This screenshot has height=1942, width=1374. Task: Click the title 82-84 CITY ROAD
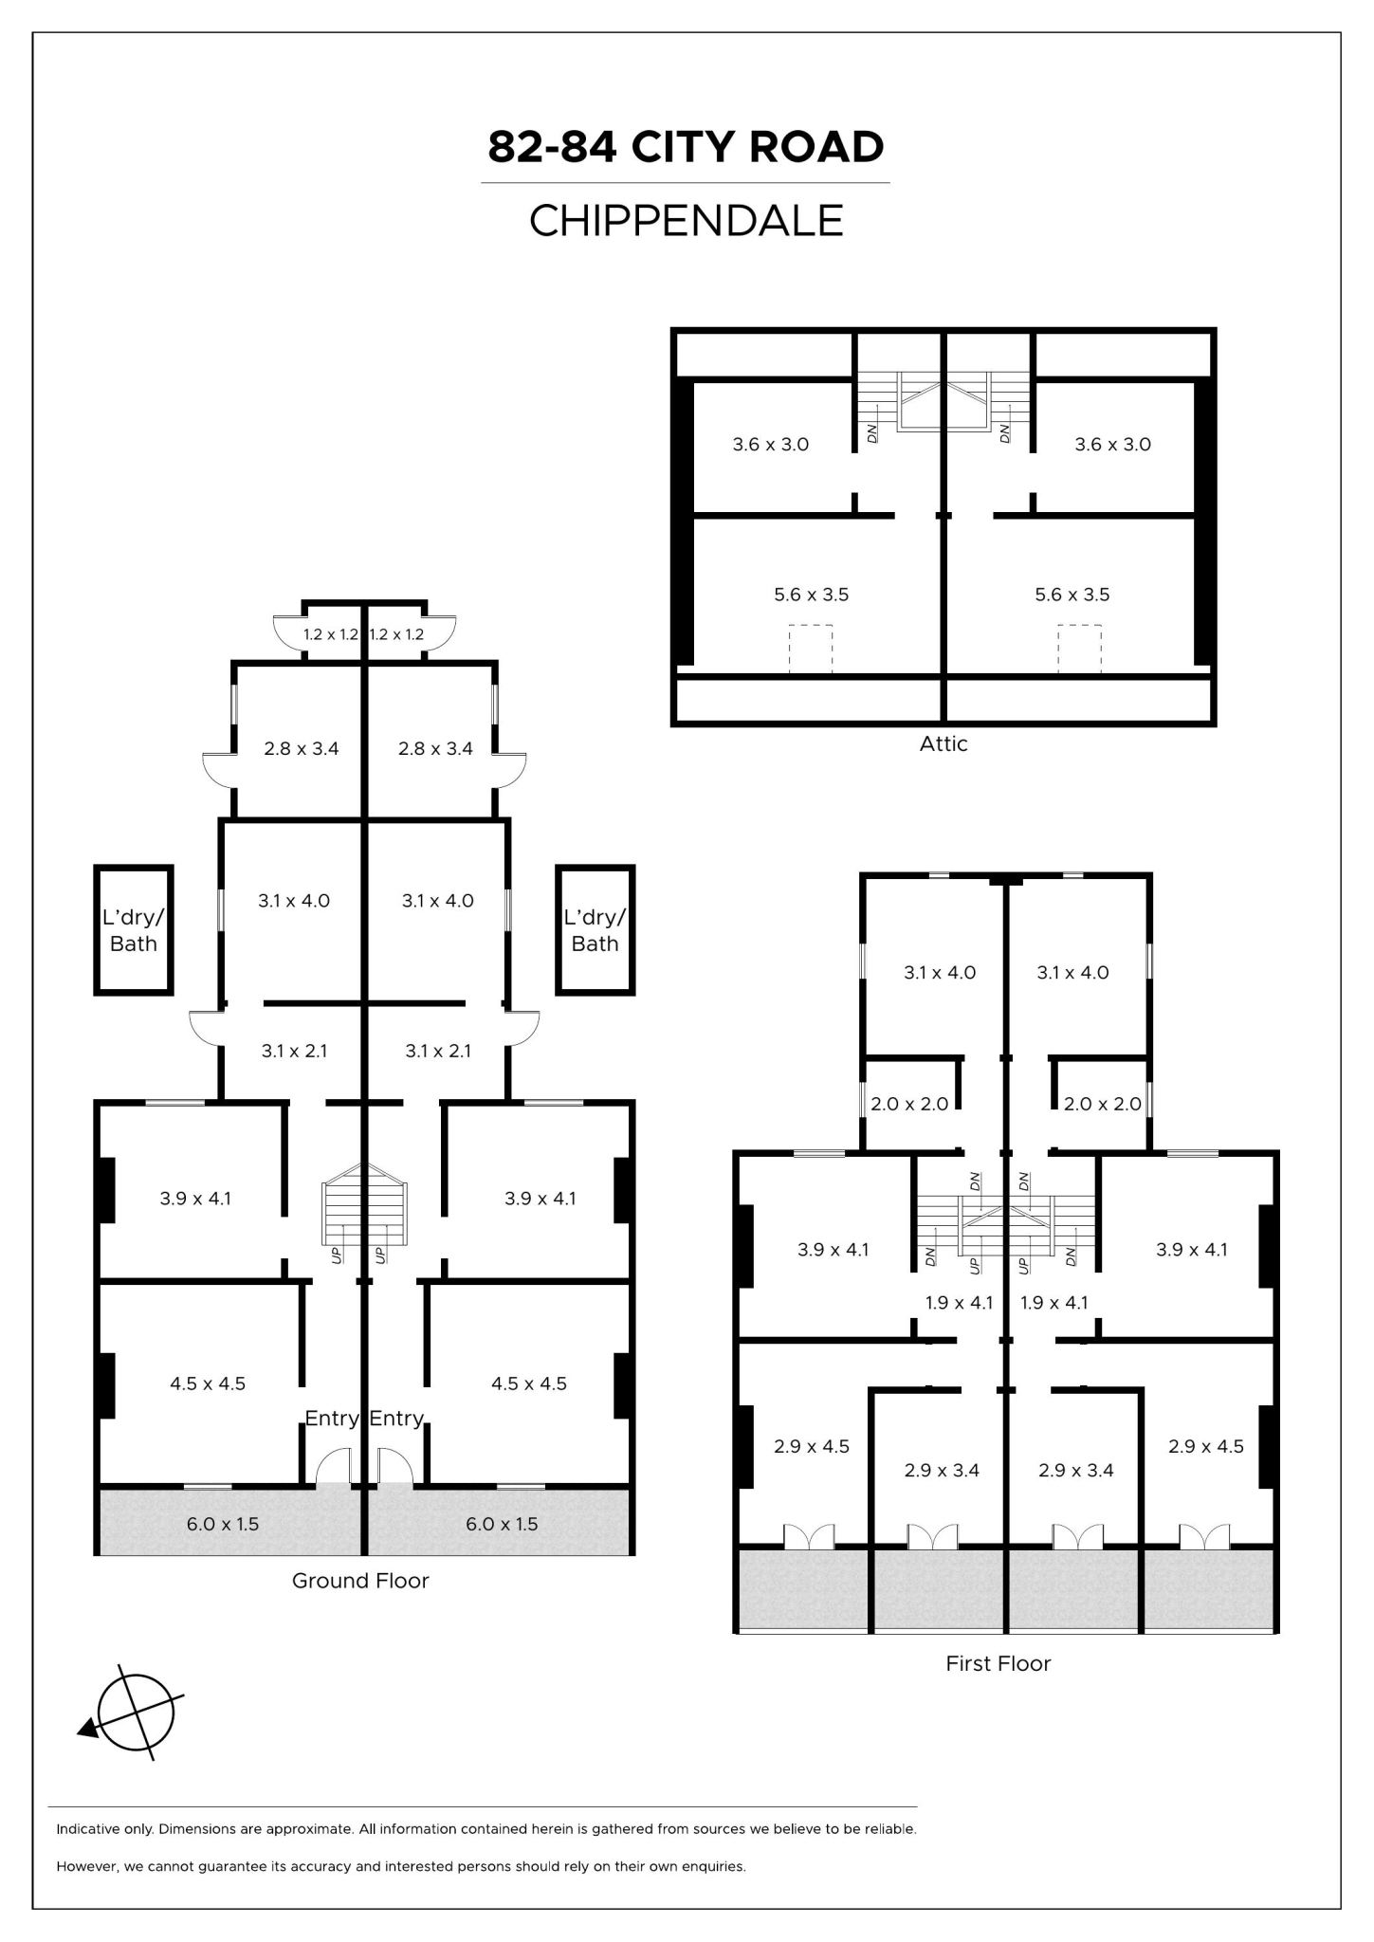click(686, 147)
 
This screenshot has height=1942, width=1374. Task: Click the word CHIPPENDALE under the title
click(686, 221)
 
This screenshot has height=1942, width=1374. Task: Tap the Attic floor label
click(943, 743)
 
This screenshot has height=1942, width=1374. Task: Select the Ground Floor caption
click(359, 1580)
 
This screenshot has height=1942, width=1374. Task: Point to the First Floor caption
click(998, 1662)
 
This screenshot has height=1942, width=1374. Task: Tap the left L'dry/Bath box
click(133, 930)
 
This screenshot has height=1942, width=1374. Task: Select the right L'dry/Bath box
click(595, 930)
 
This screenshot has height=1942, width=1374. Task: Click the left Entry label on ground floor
click(331, 1418)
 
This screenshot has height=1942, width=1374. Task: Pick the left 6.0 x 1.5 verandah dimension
click(222, 1523)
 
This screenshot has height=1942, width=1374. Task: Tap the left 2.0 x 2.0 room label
click(909, 1104)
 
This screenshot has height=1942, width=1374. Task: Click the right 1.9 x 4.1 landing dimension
click(1053, 1302)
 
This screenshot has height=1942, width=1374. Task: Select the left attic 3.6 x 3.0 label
click(770, 444)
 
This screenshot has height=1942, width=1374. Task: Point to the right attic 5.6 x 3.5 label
click(1072, 595)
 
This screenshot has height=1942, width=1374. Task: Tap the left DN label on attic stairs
click(871, 432)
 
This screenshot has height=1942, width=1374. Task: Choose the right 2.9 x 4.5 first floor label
click(1205, 1446)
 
